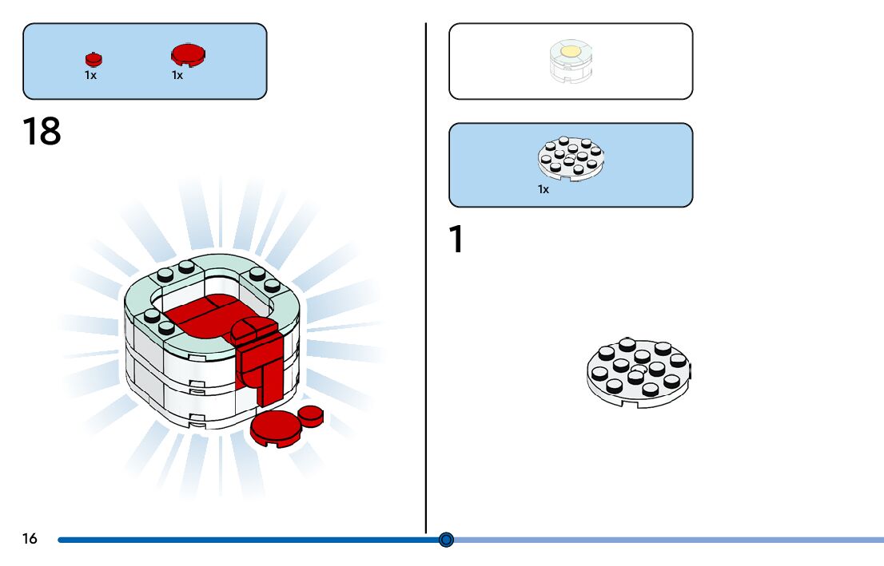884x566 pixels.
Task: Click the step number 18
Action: [42, 132]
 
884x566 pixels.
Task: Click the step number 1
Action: [456, 239]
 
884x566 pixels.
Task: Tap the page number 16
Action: [30, 540]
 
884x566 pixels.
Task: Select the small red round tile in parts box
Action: [94, 59]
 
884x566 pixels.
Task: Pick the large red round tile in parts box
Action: [188, 54]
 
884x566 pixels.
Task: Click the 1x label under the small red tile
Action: [90, 75]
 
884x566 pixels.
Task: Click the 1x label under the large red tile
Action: [177, 75]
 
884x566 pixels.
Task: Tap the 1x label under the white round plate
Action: [544, 190]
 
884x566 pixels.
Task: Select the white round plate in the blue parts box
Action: [571, 156]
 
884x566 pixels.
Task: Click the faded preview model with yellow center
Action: [570, 61]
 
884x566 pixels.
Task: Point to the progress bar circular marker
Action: [447, 540]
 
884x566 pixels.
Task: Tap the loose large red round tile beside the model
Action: [276, 429]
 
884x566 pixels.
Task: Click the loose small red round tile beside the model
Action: [310, 413]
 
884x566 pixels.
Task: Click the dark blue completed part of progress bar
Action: [240, 540]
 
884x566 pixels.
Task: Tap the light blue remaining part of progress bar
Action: [663, 540]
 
